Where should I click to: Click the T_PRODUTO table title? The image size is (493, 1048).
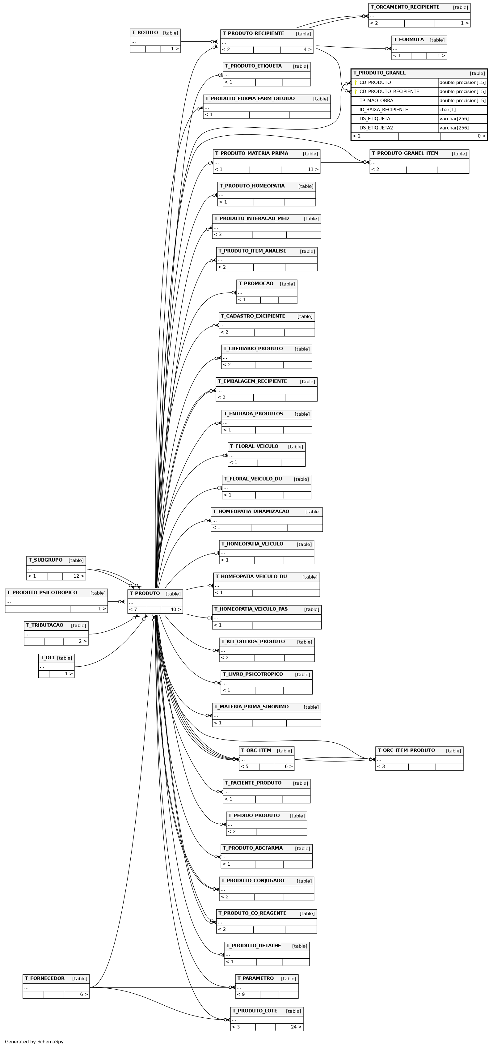pos(145,594)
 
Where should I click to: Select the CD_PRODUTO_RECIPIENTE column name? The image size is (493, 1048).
pos(389,91)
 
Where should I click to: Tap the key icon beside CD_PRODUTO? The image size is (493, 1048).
pos(356,83)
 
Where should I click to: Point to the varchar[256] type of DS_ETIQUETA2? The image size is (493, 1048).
pos(454,128)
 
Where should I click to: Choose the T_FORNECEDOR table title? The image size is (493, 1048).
pos(45,978)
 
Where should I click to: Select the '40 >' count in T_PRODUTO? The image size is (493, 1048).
pos(176,609)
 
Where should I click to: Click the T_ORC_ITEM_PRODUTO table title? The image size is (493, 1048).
pos(406,751)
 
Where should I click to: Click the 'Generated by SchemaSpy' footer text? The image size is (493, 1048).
pos(34,1042)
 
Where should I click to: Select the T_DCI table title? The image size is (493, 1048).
pos(48,658)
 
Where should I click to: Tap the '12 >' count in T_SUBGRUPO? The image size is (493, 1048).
pos(79,576)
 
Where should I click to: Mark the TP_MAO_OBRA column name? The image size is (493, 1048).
pos(376,101)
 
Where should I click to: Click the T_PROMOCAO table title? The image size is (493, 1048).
pos(256,284)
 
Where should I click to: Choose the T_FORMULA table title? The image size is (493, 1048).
pos(409,40)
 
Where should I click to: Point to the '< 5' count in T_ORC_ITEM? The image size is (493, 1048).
pos(244,767)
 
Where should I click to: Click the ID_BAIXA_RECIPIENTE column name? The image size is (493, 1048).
pos(384,110)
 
